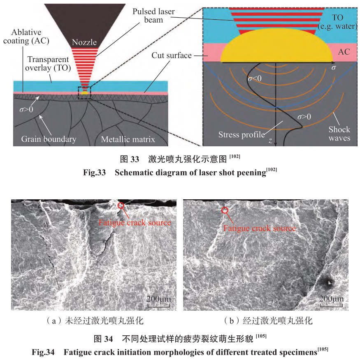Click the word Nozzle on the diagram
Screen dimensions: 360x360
(x=84, y=42)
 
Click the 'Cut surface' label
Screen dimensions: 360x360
(x=172, y=55)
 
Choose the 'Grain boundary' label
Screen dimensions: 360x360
(x=49, y=139)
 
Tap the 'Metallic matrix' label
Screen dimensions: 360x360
(x=128, y=139)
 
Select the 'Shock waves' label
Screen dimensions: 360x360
(x=339, y=134)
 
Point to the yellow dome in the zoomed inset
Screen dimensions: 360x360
(x=276, y=47)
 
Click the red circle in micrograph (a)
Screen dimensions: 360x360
(x=121, y=205)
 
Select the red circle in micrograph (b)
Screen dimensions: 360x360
(x=225, y=210)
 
